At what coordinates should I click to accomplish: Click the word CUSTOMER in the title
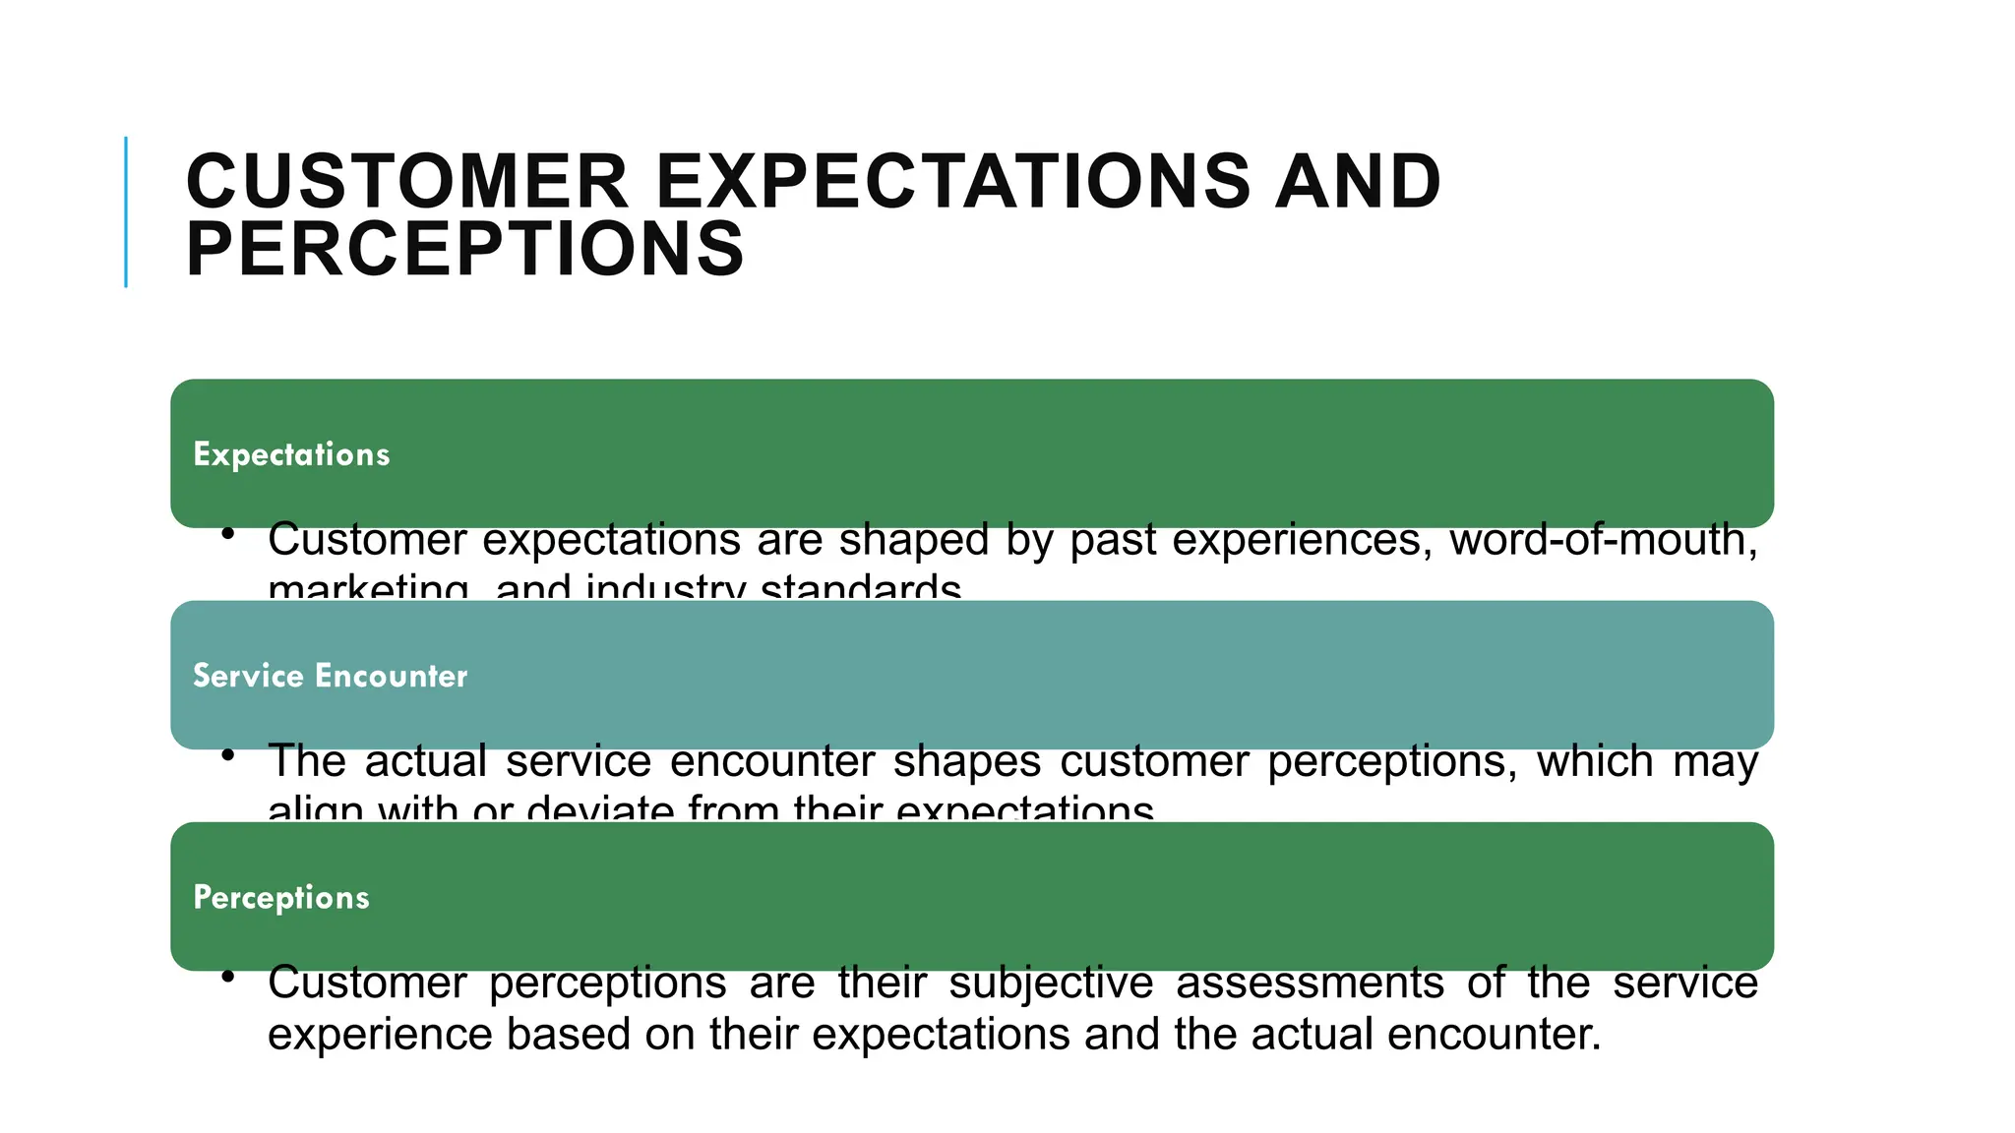[406, 182]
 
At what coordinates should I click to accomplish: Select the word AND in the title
[1357, 182]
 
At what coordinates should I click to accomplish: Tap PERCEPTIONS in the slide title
[464, 249]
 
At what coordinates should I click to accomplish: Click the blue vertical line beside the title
[126, 211]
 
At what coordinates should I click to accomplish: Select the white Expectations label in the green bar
[291, 454]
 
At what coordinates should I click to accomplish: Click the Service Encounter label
[330, 676]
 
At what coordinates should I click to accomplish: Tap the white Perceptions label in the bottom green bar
[281, 897]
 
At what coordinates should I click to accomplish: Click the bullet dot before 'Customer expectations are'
[228, 534]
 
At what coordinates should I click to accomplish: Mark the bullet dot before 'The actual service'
[228, 755]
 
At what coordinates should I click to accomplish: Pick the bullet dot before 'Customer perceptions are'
[228, 977]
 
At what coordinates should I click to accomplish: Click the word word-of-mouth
[1603, 540]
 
